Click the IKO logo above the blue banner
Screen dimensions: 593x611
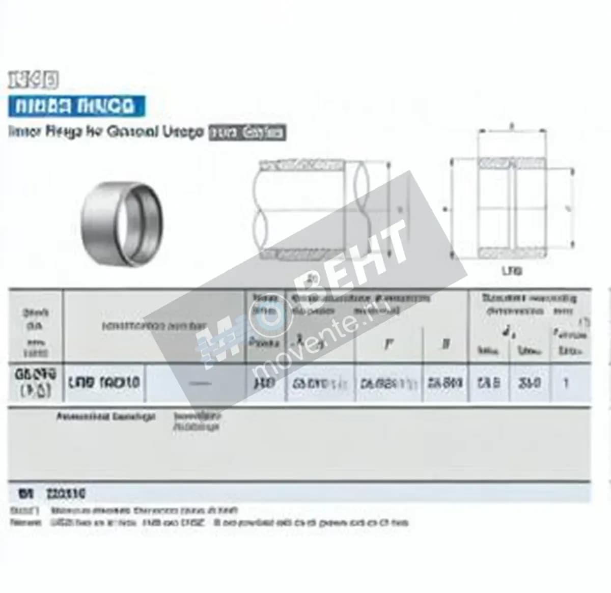coord(33,80)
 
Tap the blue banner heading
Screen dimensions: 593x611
coord(76,106)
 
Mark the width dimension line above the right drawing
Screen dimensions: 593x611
coord(512,132)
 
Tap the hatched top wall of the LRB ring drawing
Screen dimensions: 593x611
coord(512,163)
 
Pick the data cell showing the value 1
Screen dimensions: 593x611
coord(566,383)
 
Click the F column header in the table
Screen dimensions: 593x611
coord(388,345)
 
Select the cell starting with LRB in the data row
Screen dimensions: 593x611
coord(104,383)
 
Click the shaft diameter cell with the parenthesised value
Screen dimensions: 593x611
coord(36,383)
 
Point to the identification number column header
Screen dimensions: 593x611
coord(153,326)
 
